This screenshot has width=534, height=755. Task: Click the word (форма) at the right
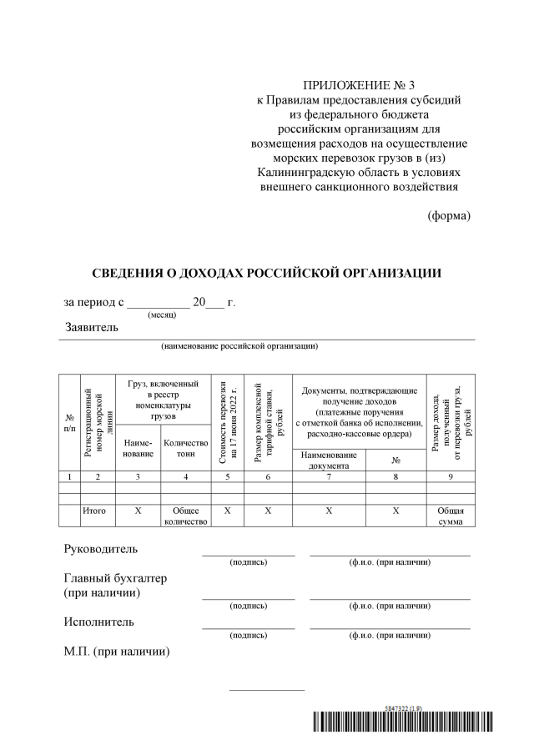click(449, 215)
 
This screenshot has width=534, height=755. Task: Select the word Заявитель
click(92, 327)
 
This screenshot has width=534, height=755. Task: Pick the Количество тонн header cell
click(185, 448)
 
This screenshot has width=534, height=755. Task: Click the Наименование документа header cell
click(329, 460)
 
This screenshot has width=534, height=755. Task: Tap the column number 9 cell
click(451, 476)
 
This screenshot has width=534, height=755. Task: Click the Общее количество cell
click(185, 515)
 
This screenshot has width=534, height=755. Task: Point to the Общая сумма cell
click(451, 515)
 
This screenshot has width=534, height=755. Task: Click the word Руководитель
click(101, 549)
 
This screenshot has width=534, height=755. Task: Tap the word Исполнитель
click(98, 622)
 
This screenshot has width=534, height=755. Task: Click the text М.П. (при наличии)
click(117, 651)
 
